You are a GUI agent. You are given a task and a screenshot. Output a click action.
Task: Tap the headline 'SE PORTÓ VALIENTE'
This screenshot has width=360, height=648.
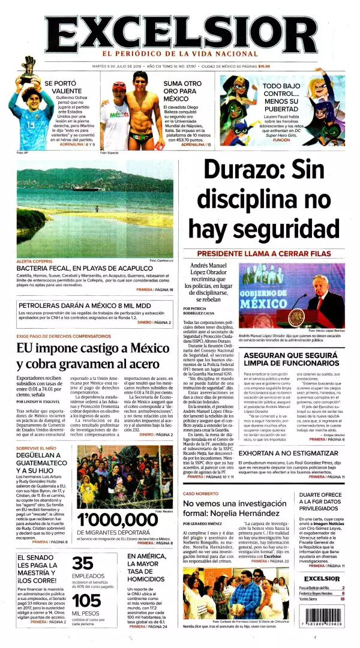(62, 86)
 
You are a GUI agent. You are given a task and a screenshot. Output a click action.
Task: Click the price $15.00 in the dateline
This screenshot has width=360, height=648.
(264, 67)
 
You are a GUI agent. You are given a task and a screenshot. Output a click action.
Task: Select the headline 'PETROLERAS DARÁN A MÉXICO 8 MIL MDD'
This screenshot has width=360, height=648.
(84, 305)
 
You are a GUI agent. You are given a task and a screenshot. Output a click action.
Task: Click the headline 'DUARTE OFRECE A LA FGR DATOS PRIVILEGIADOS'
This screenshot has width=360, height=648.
(321, 503)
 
